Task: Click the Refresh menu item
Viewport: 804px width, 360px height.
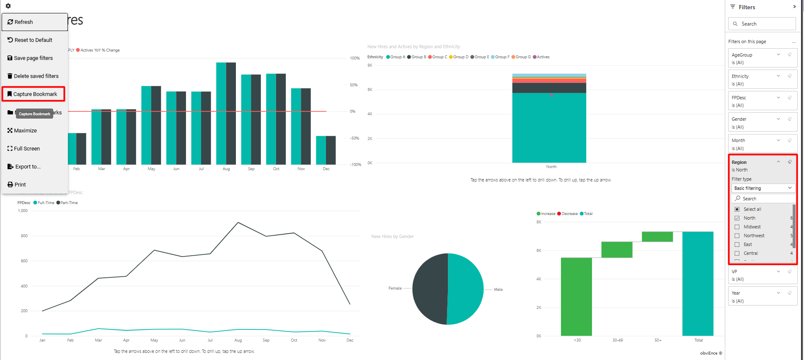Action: pyautogui.click(x=34, y=22)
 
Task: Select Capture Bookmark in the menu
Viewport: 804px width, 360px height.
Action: pyautogui.click(x=34, y=94)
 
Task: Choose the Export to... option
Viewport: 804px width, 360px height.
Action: pyautogui.click(x=27, y=166)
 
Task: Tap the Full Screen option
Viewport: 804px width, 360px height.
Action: pyautogui.click(x=26, y=148)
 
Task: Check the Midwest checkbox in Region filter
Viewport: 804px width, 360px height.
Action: pyautogui.click(x=737, y=227)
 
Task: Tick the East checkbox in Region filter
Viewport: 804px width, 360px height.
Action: pyautogui.click(x=737, y=244)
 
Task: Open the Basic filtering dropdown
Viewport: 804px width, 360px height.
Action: pyautogui.click(x=763, y=188)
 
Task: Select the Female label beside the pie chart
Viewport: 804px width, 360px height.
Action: pyautogui.click(x=395, y=288)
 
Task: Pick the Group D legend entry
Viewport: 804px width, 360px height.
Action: pyautogui.click(x=459, y=57)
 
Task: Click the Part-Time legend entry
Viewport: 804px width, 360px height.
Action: pyautogui.click(x=69, y=203)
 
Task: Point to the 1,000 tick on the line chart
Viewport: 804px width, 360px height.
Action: pyautogui.click(x=23, y=211)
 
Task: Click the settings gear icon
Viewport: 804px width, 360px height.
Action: pyautogui.click(x=8, y=6)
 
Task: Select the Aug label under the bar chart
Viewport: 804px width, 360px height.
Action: pyautogui.click(x=226, y=169)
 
